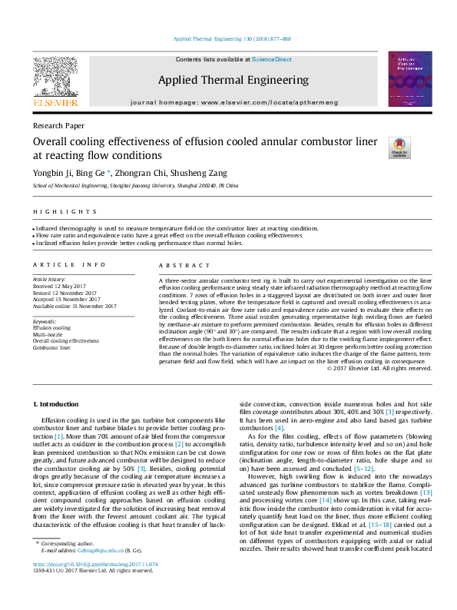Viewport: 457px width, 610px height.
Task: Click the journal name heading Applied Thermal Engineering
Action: click(x=227, y=79)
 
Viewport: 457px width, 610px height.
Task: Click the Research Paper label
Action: click(x=58, y=125)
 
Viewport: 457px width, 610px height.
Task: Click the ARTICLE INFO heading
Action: click(x=69, y=265)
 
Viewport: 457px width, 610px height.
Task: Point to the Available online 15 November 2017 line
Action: click(x=75, y=306)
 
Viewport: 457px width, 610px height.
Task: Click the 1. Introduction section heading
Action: click(x=55, y=404)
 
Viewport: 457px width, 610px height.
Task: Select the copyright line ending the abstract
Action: click(x=379, y=368)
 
